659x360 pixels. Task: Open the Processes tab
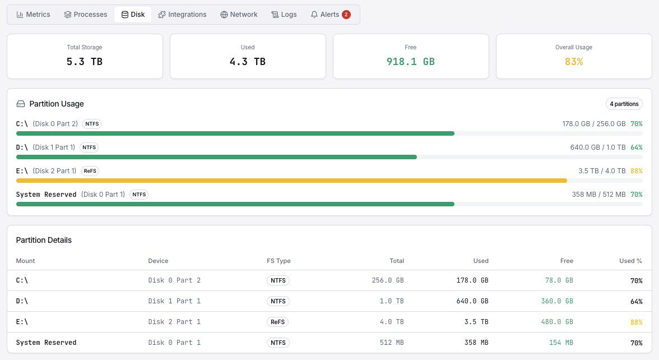point(85,15)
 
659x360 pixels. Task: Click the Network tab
point(239,15)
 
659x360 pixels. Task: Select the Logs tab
point(284,15)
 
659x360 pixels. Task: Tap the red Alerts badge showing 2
point(346,15)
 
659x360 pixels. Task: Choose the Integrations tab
point(182,15)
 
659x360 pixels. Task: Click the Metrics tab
point(34,15)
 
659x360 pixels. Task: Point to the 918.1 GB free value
point(411,62)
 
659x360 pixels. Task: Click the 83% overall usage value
point(574,62)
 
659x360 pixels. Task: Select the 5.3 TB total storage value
point(85,62)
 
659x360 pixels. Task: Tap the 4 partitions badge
point(624,104)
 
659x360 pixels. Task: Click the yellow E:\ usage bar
point(291,181)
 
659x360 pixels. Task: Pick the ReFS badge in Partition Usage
point(90,170)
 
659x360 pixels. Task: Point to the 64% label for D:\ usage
point(636,147)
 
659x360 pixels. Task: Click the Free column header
point(567,261)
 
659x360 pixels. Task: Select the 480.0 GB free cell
point(557,322)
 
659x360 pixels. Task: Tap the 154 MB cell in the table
point(561,343)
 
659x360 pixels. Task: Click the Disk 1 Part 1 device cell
point(174,301)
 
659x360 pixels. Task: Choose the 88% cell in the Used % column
point(636,322)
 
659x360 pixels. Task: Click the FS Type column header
point(279,261)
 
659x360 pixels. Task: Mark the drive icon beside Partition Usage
point(21,104)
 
